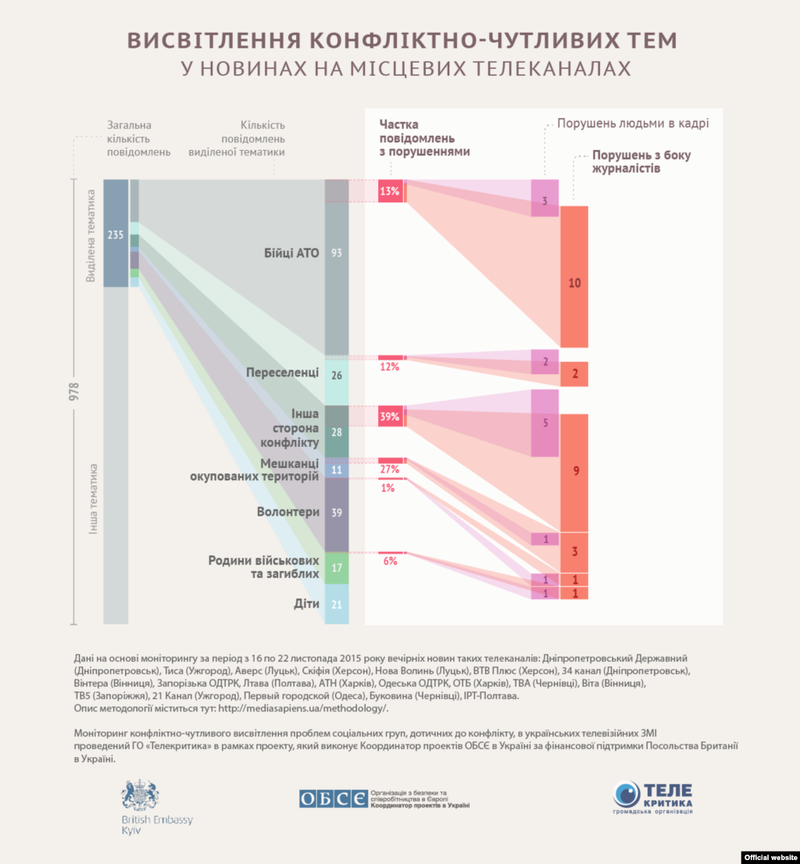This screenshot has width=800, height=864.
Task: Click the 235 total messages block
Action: [x=116, y=234]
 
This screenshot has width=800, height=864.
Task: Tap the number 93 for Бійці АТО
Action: [x=337, y=253]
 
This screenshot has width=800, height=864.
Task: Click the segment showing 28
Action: [x=337, y=431]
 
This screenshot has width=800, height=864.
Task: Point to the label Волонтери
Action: [x=288, y=512]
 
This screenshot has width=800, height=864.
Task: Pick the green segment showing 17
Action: [x=337, y=568]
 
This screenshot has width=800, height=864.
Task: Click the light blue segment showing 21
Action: [x=337, y=605]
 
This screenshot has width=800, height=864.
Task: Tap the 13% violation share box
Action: [x=391, y=191]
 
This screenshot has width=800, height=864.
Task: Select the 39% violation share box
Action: [x=391, y=417]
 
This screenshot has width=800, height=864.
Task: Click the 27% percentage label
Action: [x=389, y=469]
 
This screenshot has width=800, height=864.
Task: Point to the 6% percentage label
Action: [x=390, y=561]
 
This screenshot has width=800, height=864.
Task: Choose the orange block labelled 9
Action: [x=574, y=472]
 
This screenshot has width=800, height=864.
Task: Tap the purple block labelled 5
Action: [x=545, y=423]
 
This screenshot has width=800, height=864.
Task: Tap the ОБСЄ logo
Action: [x=333, y=798]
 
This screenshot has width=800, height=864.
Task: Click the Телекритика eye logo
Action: [x=627, y=794]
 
